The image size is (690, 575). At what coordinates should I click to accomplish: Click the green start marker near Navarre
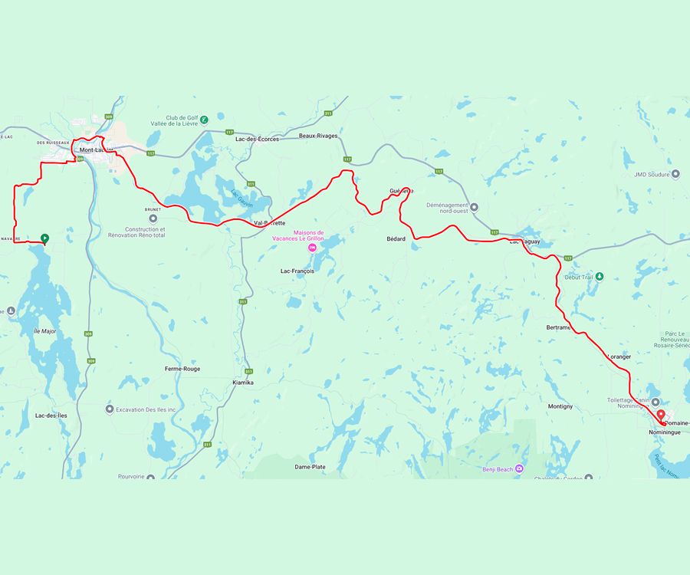(x=44, y=238)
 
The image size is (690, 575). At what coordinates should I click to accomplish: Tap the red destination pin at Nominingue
(x=660, y=415)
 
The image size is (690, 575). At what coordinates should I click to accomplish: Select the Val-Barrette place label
(x=269, y=223)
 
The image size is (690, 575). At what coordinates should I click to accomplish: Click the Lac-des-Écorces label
(x=257, y=139)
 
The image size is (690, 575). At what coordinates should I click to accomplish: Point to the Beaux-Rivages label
(x=318, y=136)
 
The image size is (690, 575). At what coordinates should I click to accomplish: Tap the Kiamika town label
(x=242, y=382)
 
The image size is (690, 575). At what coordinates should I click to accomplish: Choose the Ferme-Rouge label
(x=182, y=369)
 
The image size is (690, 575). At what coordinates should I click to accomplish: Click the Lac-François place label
(x=297, y=271)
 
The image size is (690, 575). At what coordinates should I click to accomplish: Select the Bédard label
(x=396, y=239)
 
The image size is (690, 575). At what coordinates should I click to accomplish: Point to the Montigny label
(x=560, y=406)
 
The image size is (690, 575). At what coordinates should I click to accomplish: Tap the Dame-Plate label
(x=310, y=467)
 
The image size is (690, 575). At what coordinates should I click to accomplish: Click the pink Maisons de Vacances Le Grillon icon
(x=312, y=248)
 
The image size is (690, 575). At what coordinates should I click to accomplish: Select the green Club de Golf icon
(x=204, y=118)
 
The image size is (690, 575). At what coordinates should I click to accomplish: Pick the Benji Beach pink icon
(x=520, y=468)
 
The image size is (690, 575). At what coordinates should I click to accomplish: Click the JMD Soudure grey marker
(x=675, y=174)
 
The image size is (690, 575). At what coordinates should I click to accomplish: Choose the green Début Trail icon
(x=600, y=277)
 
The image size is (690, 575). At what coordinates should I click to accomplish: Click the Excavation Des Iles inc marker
(x=109, y=409)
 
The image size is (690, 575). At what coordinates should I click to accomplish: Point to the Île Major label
(x=45, y=330)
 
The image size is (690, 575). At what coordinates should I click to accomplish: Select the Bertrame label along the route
(x=558, y=327)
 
